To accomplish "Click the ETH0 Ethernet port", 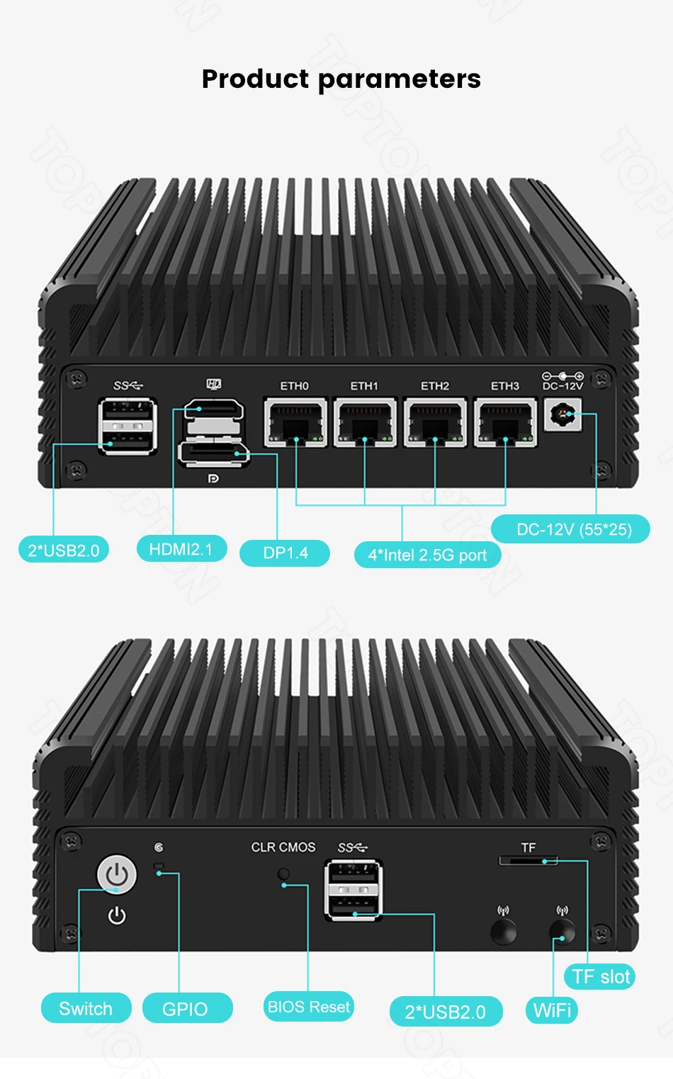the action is pyautogui.click(x=295, y=422).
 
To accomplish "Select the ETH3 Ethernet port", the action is pyautogui.click(x=505, y=422).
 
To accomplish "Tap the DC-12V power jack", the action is pyautogui.click(x=563, y=414).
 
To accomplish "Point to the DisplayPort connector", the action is pyautogui.click(x=213, y=453).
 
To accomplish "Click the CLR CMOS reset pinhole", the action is pyautogui.click(x=283, y=874).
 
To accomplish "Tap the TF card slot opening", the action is pyautogui.click(x=528, y=861).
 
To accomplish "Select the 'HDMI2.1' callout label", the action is pyautogui.click(x=181, y=549).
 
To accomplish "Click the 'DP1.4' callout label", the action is pyautogui.click(x=285, y=553).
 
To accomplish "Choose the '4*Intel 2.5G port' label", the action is pyautogui.click(x=427, y=555).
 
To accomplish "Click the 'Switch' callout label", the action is pyautogui.click(x=86, y=1008).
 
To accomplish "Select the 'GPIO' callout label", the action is pyautogui.click(x=186, y=1008).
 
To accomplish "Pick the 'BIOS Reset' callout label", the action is pyautogui.click(x=308, y=1006).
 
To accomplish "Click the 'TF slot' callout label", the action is pyautogui.click(x=600, y=976).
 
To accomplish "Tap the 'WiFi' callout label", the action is pyautogui.click(x=552, y=1010).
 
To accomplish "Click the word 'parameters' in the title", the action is pyautogui.click(x=400, y=79).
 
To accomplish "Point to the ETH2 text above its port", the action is pyautogui.click(x=435, y=386).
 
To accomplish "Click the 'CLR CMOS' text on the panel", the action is pyautogui.click(x=283, y=847).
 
